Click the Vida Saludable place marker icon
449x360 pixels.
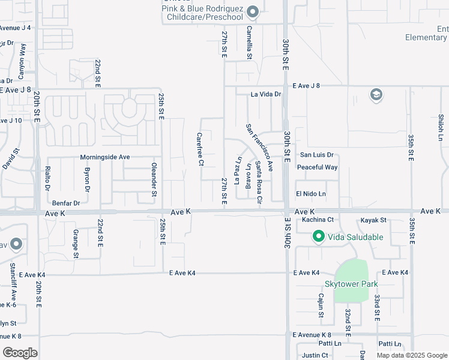coord(318,237)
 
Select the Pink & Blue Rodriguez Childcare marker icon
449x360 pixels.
coord(253,11)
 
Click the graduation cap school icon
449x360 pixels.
coord(376,95)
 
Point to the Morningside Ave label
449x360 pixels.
coord(105,157)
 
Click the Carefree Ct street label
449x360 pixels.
coord(200,149)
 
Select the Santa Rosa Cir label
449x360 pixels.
coord(259,182)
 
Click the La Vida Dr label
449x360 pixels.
coord(266,94)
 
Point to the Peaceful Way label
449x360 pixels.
coord(317,167)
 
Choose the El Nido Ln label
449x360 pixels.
coord(310,194)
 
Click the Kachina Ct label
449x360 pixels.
coord(318,220)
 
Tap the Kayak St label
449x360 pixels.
coord(373,221)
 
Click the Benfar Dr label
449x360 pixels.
coord(66,203)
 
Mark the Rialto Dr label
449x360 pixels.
coord(48,179)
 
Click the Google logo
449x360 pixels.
coord(20,353)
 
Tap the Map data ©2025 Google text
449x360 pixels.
coord(411,355)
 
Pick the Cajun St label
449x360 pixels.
coord(321,305)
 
